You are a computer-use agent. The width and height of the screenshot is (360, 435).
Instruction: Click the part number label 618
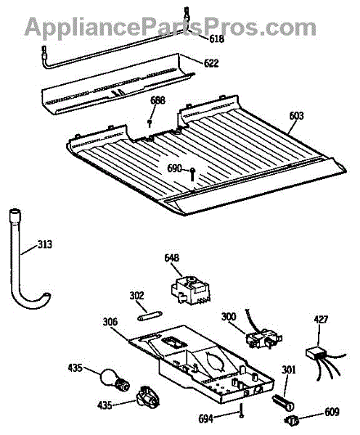216,38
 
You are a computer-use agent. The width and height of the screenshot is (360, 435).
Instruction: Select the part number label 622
211,63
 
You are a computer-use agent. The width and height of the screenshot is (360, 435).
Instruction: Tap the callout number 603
296,115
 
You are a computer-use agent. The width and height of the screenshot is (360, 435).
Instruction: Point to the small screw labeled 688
150,123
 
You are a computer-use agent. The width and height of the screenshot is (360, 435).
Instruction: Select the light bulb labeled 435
114,379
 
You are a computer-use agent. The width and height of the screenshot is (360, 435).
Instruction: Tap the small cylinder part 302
150,316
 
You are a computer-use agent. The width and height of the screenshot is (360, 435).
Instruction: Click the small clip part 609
292,420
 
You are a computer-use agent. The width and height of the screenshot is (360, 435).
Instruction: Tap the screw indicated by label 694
242,411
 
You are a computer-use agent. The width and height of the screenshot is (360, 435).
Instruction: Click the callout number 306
110,322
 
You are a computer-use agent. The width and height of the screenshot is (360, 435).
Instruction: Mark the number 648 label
172,257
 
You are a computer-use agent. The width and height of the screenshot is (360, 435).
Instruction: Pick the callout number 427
321,320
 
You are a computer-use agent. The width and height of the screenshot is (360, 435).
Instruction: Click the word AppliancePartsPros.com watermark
171,27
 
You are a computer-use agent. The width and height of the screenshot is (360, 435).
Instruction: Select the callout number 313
44,244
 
